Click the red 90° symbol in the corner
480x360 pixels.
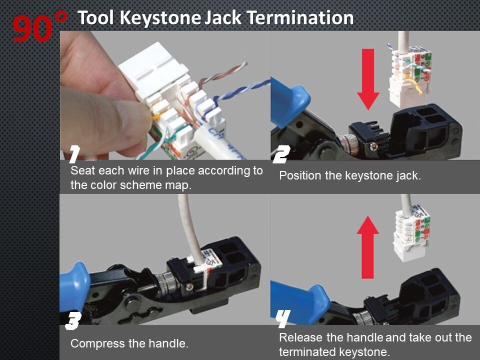[39, 27]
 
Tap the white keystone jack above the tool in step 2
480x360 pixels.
[409, 75]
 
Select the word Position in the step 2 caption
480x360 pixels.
[298, 176]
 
